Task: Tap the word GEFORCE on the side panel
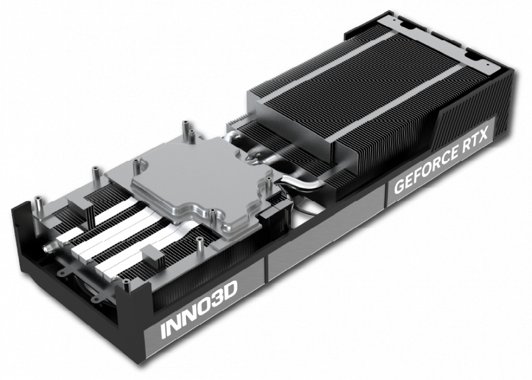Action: pyautogui.click(x=425, y=168)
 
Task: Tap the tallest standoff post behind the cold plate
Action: pyautogui.click(x=184, y=130)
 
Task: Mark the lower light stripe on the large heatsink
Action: pyautogui.click(x=386, y=112)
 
